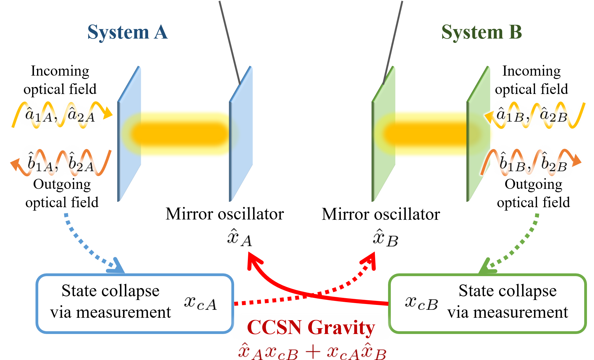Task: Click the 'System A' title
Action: coord(128,32)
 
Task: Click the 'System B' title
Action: coord(481,32)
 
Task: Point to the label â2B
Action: coord(553,116)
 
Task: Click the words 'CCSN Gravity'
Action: coord(311,327)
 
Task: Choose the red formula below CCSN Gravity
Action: coord(312,351)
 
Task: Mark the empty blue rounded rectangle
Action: coord(135,303)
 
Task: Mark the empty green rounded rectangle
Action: coord(487,303)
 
